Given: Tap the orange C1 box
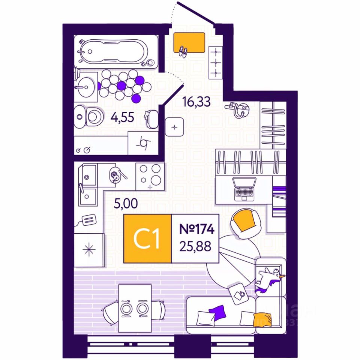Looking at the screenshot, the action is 147,238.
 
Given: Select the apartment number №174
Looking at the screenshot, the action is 195,229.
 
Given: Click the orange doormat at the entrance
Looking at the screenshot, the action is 189,42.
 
